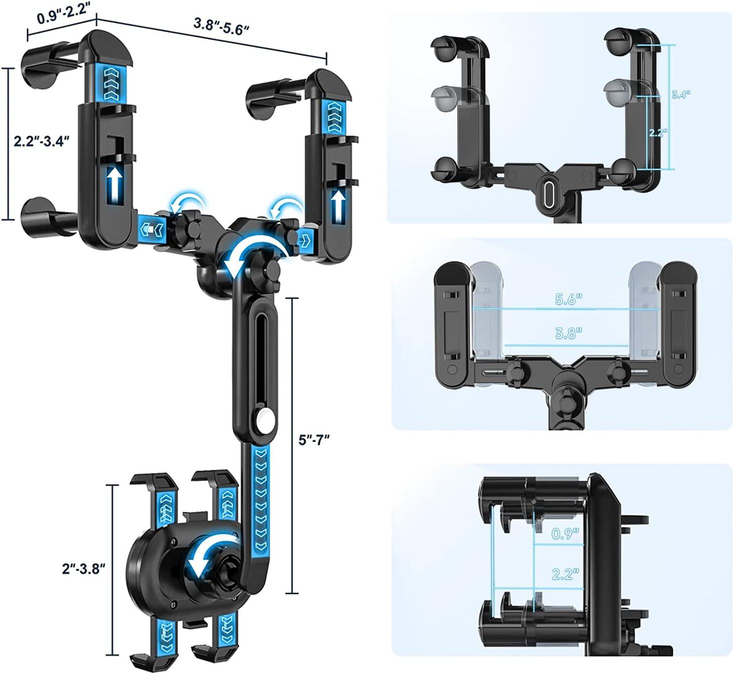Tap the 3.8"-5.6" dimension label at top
[x=221, y=26]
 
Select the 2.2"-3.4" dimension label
[x=41, y=141]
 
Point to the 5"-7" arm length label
[x=314, y=440]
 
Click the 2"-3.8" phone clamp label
[x=84, y=568]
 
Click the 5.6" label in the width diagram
[x=569, y=299]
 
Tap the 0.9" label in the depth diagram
[x=565, y=534]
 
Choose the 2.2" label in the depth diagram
[x=565, y=574]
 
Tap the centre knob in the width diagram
[x=567, y=395]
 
